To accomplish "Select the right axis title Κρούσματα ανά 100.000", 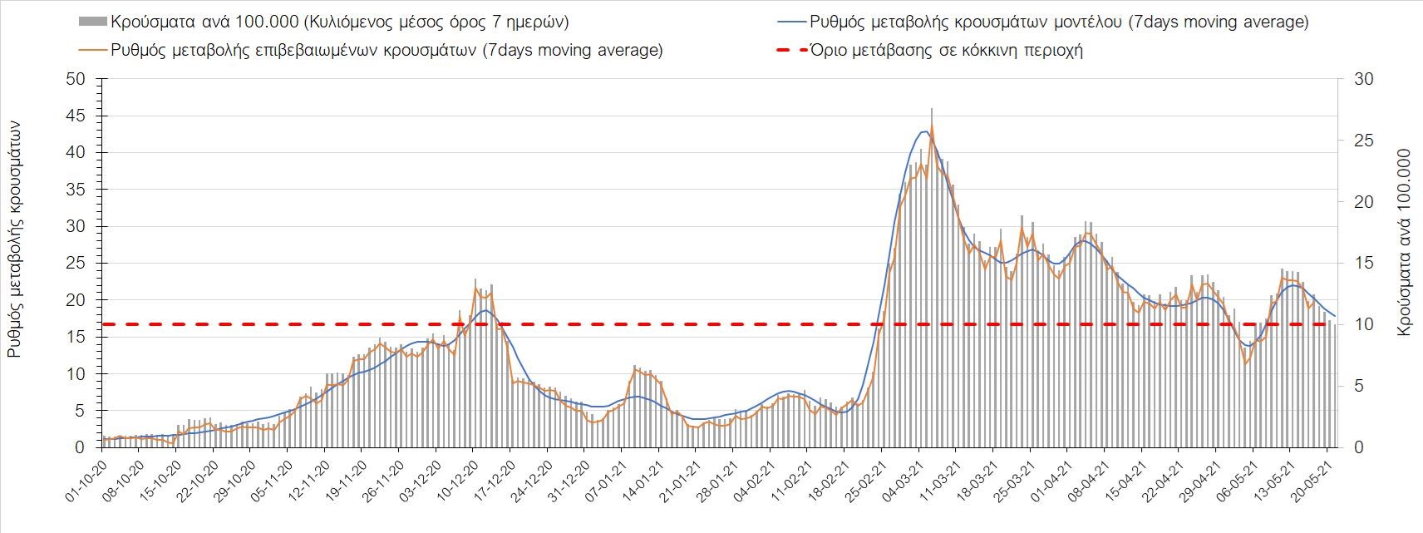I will (1405, 243).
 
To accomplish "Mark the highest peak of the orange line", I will (932, 126).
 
